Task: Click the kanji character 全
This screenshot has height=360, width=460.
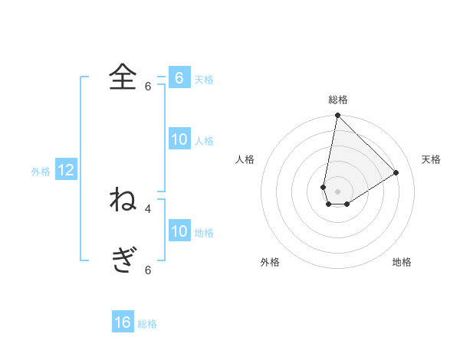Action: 123,77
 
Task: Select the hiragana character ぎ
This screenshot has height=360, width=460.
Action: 123,260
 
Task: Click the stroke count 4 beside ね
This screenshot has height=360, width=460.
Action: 148,208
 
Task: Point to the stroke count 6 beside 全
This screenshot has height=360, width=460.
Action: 148,87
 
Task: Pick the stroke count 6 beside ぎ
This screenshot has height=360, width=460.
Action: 148,270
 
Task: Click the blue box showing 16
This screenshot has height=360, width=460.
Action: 123,322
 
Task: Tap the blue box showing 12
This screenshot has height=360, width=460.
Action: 66,171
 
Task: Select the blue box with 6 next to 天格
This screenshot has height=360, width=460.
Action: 179,78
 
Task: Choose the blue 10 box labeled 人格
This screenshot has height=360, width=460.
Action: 179,139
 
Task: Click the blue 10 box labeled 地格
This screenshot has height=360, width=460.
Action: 179,232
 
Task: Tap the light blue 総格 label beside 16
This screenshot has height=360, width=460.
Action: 147,324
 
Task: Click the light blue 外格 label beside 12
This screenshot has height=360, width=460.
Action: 41,172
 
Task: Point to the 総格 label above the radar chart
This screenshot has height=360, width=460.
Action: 338,100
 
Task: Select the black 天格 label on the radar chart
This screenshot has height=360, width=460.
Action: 431,159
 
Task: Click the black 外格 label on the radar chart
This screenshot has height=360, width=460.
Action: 270,262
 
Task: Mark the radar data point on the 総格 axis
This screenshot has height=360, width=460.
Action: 337,116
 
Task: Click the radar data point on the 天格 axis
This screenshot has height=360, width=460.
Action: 396,172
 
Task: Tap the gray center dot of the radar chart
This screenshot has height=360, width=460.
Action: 337,191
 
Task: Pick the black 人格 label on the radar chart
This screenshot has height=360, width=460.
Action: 245,159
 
